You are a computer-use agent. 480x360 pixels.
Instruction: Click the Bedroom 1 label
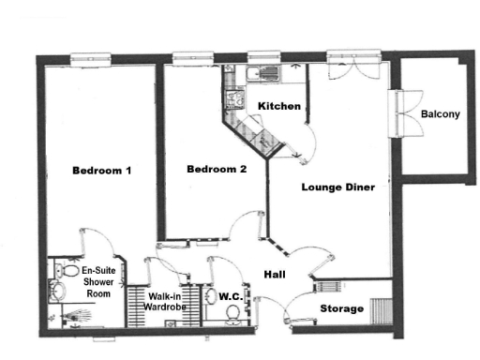coord(101,171)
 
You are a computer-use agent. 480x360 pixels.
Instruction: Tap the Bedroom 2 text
coord(217,170)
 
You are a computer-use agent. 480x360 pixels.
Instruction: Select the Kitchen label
coord(279,106)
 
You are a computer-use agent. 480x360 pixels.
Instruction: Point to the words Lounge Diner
coord(337,187)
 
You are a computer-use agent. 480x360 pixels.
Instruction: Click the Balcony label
coord(440,114)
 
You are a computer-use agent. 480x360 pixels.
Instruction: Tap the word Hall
coord(274,275)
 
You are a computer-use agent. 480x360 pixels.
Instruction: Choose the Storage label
coord(342,308)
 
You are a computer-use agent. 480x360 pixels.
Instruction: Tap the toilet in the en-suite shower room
coord(59,271)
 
